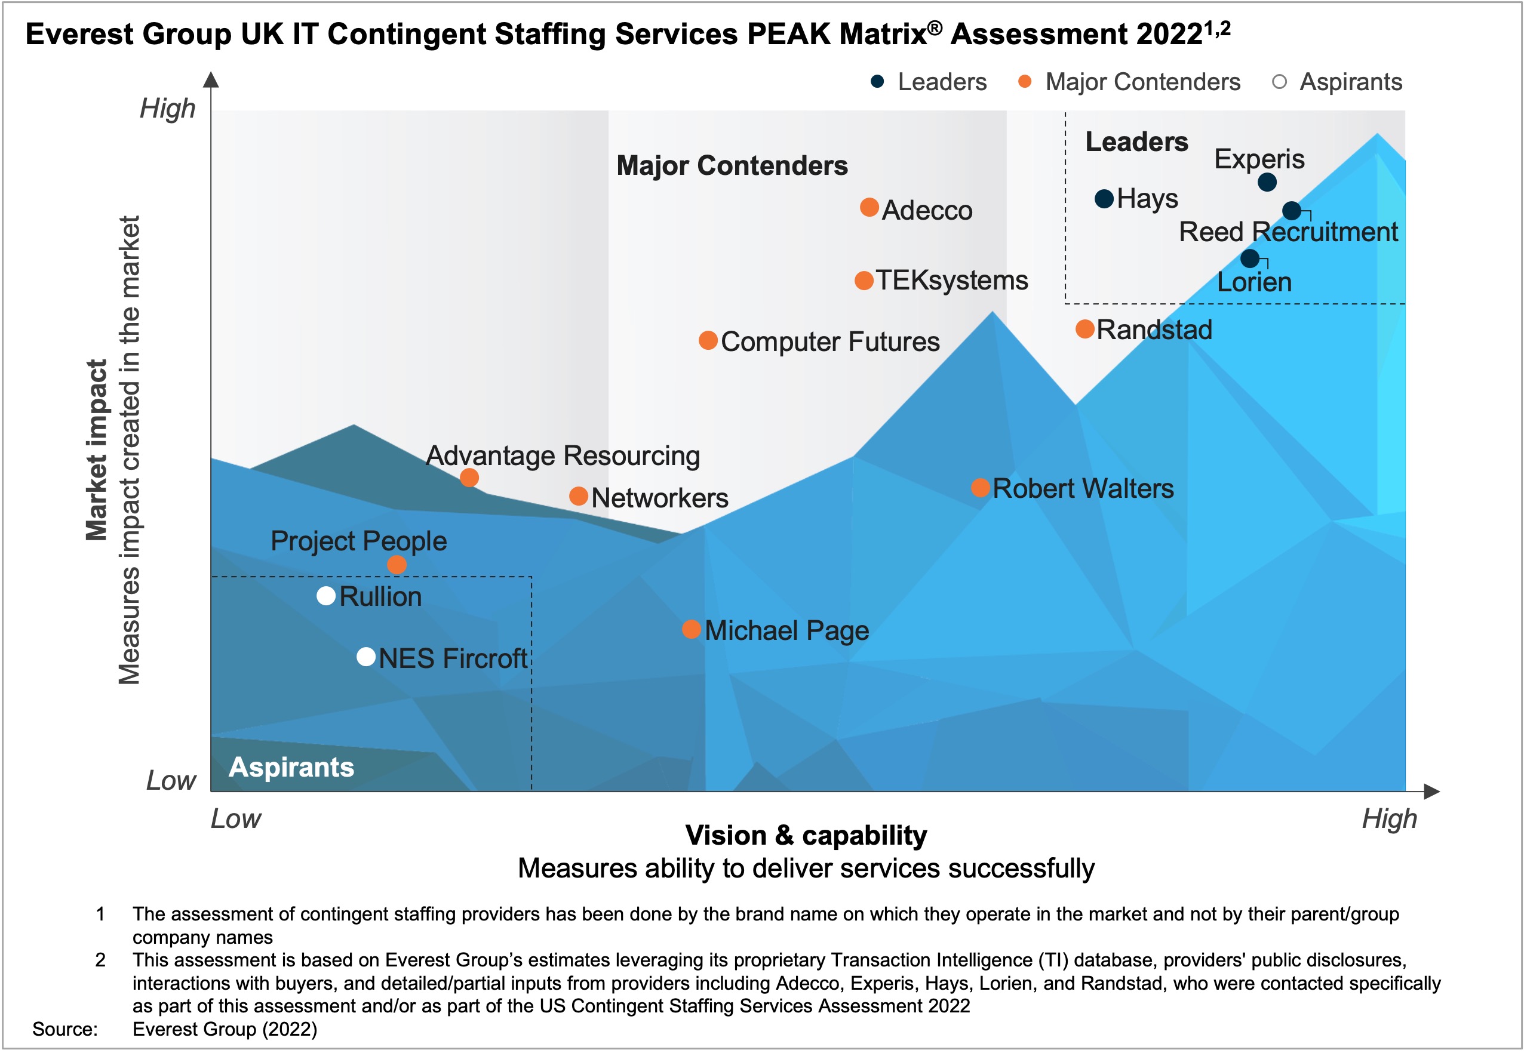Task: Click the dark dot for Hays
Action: click(x=1104, y=198)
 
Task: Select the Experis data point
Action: click(x=1266, y=181)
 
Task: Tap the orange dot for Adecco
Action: click(x=869, y=207)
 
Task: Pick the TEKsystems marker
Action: click(x=864, y=281)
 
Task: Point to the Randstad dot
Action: click(x=1085, y=328)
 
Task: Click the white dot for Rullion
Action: click(x=326, y=595)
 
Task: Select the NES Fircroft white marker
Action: click(x=366, y=657)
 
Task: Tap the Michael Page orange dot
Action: click(x=691, y=629)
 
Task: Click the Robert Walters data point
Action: click(x=980, y=488)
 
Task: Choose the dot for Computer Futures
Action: click(x=708, y=340)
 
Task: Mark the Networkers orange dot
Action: click(x=578, y=496)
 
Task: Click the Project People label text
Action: click(x=358, y=541)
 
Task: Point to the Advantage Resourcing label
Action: click(x=563, y=455)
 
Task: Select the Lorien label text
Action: click(x=1254, y=282)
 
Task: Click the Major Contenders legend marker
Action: click(x=1024, y=82)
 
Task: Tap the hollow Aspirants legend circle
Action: click(x=1279, y=82)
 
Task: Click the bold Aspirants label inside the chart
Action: click(x=291, y=766)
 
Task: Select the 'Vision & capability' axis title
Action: click(x=806, y=835)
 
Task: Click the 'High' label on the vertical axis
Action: click(x=168, y=108)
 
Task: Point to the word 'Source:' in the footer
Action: click(x=64, y=1029)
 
